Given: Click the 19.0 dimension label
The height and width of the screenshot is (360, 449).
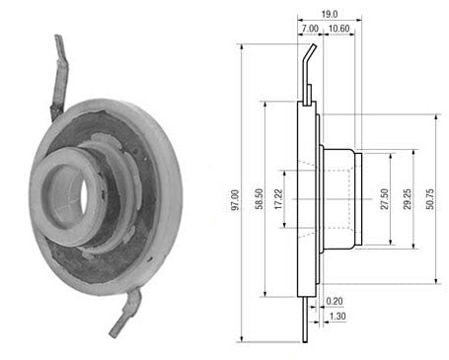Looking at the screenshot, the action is pyautogui.click(x=330, y=14).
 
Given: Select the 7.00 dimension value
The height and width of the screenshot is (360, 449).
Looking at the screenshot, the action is pyautogui.click(x=310, y=29).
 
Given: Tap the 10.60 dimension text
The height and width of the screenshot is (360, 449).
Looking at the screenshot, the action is pyautogui.click(x=338, y=29).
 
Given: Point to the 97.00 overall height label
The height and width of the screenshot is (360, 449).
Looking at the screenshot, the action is pyautogui.click(x=235, y=200).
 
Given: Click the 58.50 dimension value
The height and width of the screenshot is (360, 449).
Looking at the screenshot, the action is pyautogui.click(x=259, y=199).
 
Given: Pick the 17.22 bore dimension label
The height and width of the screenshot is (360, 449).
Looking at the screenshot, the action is pyautogui.click(x=278, y=199).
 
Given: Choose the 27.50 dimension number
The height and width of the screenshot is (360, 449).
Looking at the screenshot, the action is pyautogui.click(x=384, y=199).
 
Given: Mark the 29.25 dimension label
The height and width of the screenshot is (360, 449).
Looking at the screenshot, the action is pyautogui.click(x=407, y=199).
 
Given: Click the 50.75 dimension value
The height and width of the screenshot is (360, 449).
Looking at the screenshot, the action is pyautogui.click(x=429, y=199).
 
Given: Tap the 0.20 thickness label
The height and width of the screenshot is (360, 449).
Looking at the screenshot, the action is pyautogui.click(x=335, y=301).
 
